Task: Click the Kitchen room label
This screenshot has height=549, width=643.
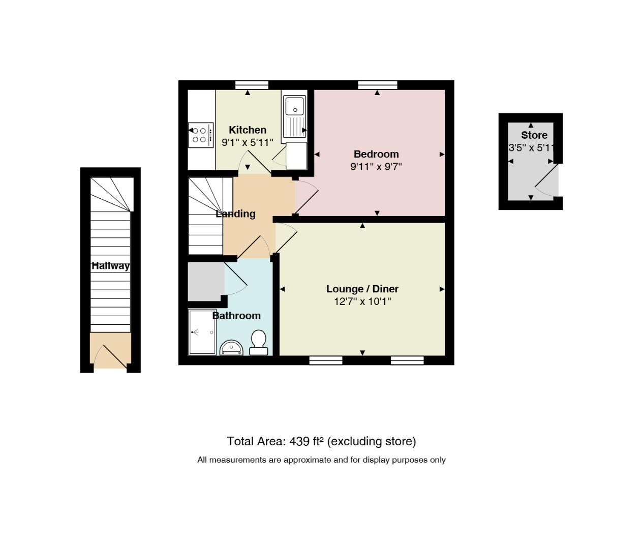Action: tap(248, 130)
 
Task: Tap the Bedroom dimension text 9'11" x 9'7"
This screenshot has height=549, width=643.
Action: tap(376, 167)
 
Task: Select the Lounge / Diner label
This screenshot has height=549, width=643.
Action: tap(362, 289)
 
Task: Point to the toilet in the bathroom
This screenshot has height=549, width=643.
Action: tap(259, 342)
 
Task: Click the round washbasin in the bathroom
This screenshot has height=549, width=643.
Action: tap(231, 347)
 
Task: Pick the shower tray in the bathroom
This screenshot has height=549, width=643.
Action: tap(202, 331)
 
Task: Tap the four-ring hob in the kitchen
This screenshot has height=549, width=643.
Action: tap(201, 135)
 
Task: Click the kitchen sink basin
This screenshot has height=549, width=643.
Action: tap(294, 106)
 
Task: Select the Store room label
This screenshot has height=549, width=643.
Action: tap(534, 135)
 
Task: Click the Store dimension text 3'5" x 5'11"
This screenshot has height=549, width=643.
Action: tap(531, 148)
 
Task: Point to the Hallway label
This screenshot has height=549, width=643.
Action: tap(110, 266)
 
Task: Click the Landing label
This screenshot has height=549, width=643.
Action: tap(235, 214)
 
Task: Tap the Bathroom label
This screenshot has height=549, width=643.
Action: tap(236, 316)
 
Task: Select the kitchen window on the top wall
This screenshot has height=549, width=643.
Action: tap(252, 85)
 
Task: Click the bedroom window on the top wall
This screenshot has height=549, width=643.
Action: tap(378, 85)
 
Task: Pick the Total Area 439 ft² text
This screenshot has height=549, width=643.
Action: tap(321, 441)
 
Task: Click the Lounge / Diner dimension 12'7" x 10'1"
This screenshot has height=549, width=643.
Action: tap(362, 301)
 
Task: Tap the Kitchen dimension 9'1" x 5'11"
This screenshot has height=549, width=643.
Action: tap(248, 142)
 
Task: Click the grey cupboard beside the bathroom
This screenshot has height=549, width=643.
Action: tap(206, 282)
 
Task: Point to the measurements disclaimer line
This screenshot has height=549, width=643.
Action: tap(321, 460)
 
